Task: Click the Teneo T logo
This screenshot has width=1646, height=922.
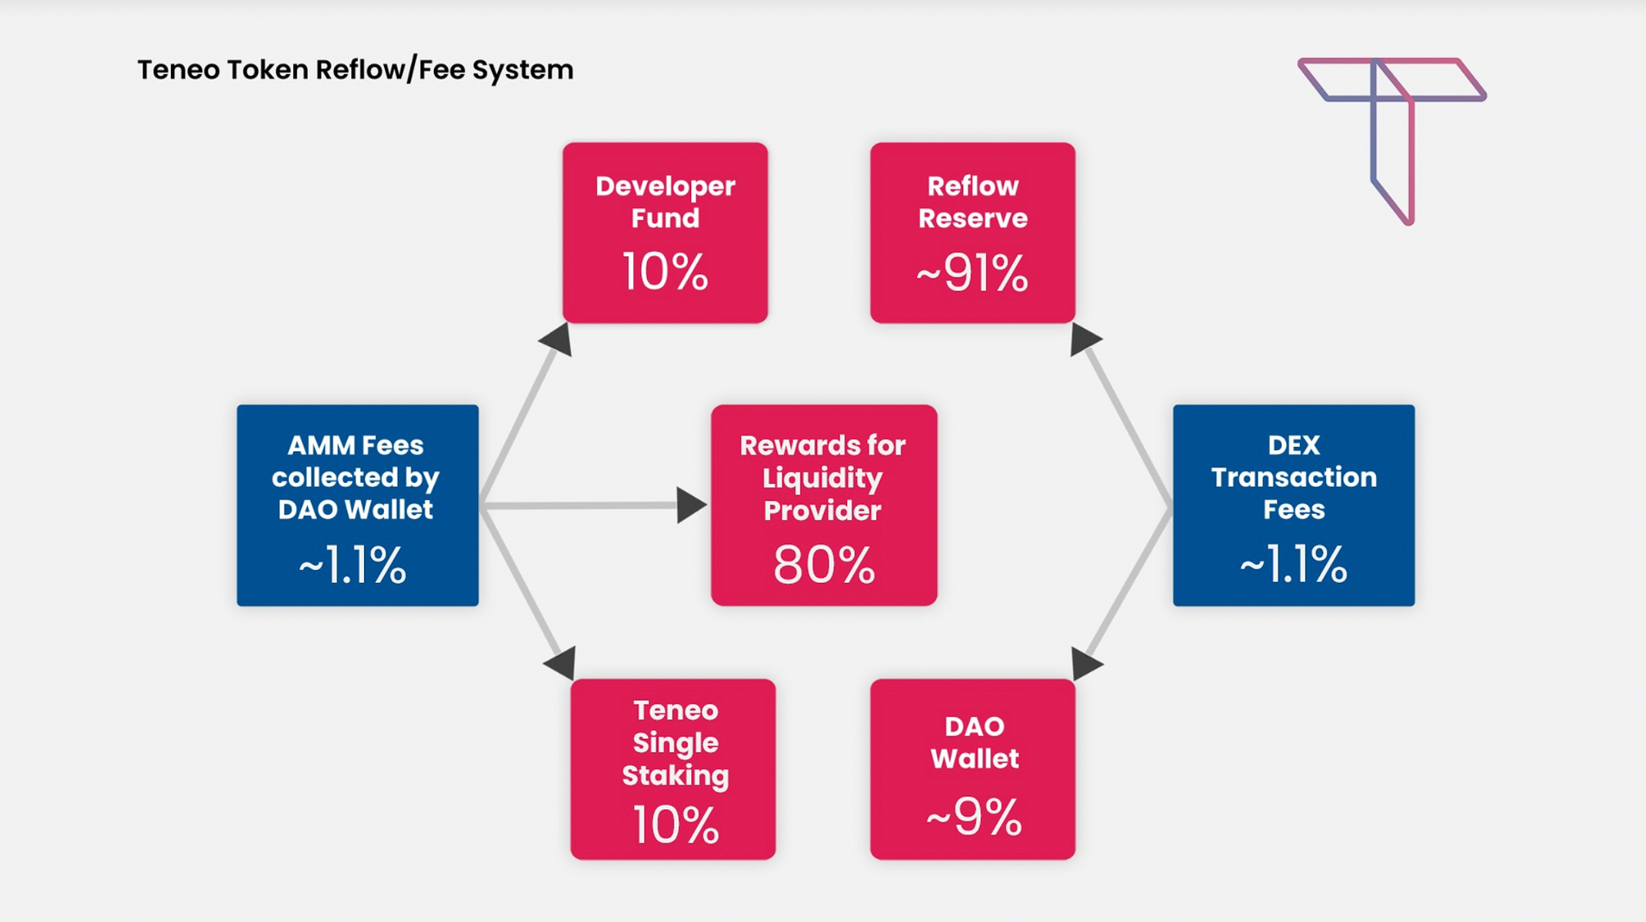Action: point(1392,129)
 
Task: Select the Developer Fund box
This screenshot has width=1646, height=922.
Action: point(664,232)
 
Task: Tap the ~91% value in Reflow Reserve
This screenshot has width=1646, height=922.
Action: point(972,273)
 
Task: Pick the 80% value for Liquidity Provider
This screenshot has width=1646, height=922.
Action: point(824,565)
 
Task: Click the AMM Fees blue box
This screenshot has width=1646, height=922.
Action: point(357,505)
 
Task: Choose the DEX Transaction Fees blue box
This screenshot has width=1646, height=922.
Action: point(1293,505)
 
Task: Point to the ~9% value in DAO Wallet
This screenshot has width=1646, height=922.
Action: point(974,817)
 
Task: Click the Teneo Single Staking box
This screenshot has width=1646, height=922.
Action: point(673,768)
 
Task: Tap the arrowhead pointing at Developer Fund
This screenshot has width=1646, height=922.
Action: point(557,338)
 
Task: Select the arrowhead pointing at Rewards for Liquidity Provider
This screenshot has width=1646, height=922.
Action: point(690,505)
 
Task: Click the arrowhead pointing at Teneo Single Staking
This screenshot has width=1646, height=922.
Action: point(562,662)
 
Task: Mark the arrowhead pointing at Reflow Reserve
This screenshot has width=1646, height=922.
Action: point(1084,338)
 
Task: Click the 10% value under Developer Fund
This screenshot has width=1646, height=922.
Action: point(664,272)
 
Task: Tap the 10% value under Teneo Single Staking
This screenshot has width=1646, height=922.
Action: point(675,825)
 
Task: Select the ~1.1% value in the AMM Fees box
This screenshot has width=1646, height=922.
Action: point(352,566)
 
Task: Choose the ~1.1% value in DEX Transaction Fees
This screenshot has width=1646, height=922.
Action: point(1292,565)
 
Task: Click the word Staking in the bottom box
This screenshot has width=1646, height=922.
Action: point(675,775)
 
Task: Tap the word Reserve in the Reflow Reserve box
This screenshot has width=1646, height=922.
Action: point(972,218)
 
